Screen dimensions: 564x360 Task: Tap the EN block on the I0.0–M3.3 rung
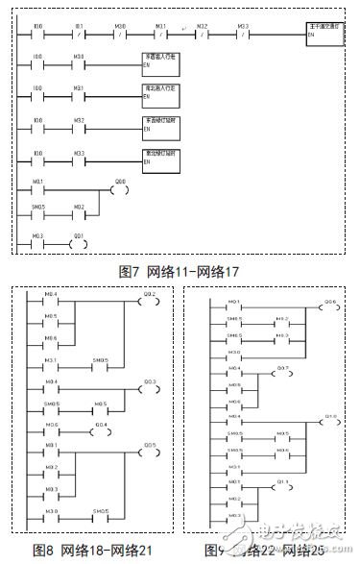(158, 159)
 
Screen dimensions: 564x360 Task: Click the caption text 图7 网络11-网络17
(180, 272)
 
